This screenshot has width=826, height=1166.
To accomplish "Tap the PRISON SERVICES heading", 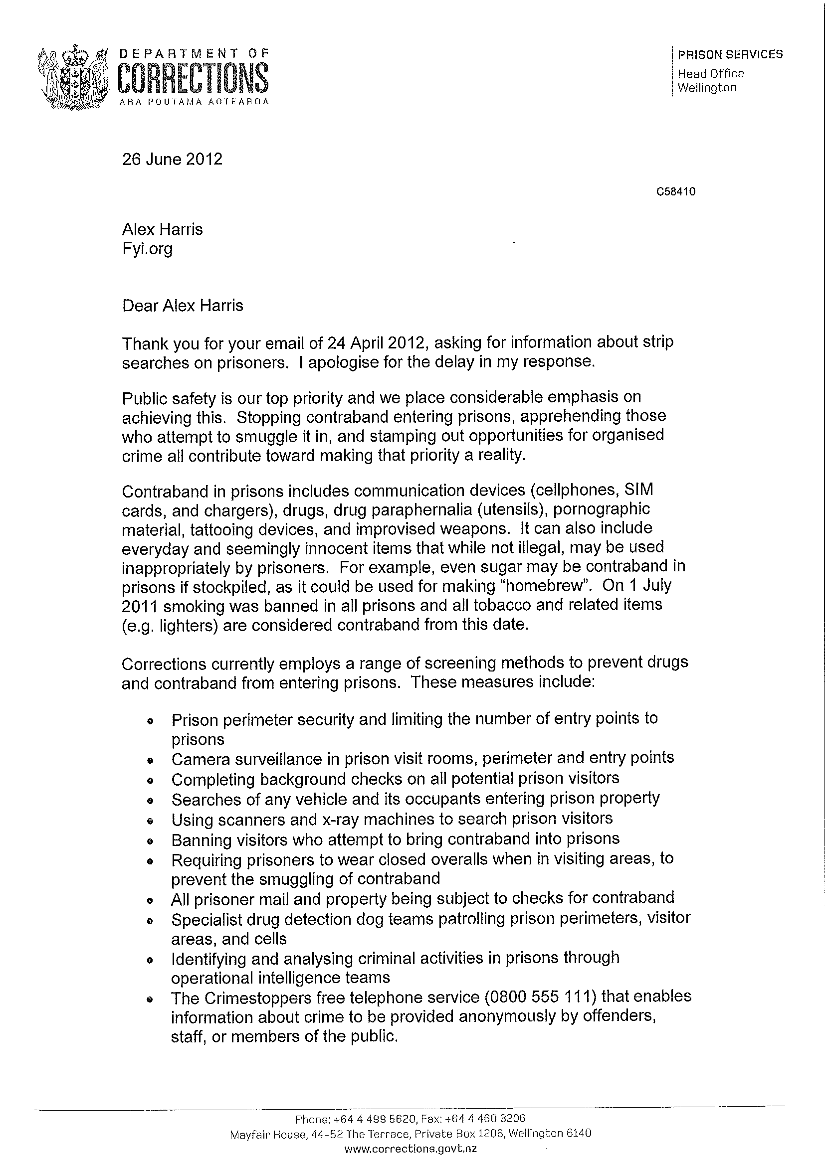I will [x=730, y=54].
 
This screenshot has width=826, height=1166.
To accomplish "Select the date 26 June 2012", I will [x=172, y=159].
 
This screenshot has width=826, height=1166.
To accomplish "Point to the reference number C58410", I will [x=676, y=191].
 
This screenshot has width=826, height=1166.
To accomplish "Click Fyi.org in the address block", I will [x=147, y=249].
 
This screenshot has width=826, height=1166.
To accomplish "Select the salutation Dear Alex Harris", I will [x=183, y=306].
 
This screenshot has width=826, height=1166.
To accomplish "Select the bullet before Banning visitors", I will [x=150, y=841].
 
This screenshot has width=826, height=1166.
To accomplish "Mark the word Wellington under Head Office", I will [x=707, y=87].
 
